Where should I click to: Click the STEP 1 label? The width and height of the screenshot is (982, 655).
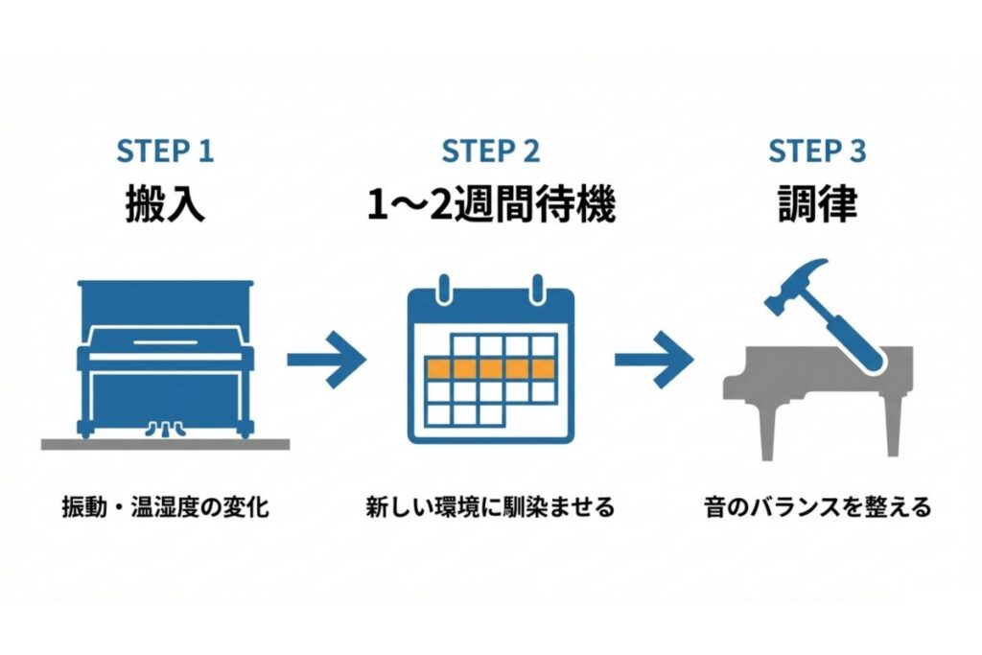[165, 151]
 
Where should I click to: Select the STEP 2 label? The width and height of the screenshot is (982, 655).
[490, 151]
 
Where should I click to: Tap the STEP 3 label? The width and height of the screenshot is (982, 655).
[816, 151]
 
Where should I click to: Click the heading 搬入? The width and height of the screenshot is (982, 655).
[165, 205]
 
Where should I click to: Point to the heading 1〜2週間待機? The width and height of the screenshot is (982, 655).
[491, 205]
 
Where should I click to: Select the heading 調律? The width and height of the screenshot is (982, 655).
[816, 205]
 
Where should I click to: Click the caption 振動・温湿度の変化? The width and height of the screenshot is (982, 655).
[165, 507]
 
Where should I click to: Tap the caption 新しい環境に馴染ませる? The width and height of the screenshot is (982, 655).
[490, 507]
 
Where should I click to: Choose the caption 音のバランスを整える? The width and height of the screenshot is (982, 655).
[816, 507]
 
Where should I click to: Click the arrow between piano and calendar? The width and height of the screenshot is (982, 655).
[327, 360]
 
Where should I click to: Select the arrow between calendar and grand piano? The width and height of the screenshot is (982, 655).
[654, 360]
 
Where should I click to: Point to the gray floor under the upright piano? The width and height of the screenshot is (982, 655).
[165, 444]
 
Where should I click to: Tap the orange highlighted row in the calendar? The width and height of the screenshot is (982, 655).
[490, 367]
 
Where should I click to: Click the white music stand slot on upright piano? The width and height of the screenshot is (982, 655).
[165, 342]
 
